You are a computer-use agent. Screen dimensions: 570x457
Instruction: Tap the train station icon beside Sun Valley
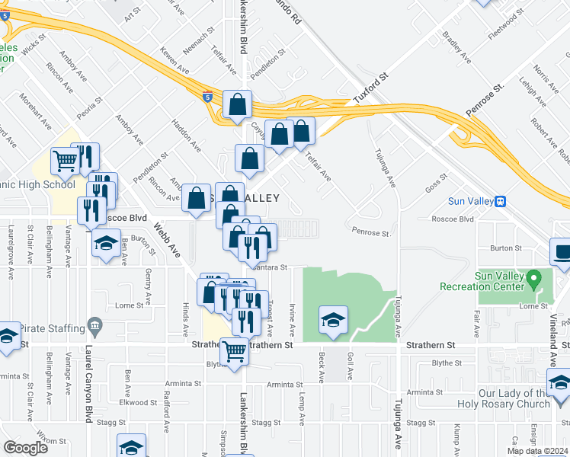[501, 202]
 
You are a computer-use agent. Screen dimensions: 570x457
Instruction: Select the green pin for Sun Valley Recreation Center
[534, 279]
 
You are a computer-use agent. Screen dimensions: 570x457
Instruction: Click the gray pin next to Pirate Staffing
[94, 327]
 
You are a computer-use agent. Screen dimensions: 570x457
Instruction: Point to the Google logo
[25, 448]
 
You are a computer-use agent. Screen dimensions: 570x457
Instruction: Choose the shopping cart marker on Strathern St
[235, 351]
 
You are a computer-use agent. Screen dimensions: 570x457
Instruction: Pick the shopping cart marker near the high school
[66, 160]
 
